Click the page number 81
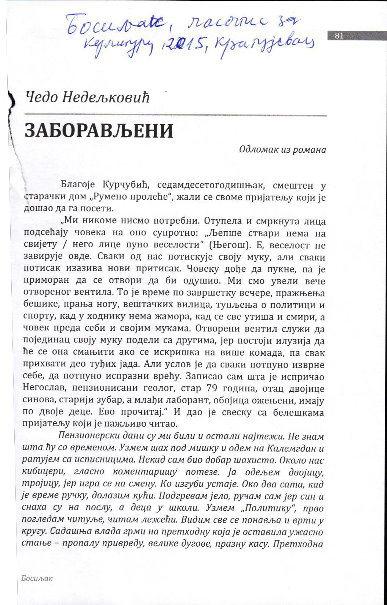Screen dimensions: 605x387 click(x=339, y=36)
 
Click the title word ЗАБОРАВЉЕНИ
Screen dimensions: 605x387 click(x=99, y=131)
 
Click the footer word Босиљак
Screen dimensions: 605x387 click(x=37, y=579)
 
